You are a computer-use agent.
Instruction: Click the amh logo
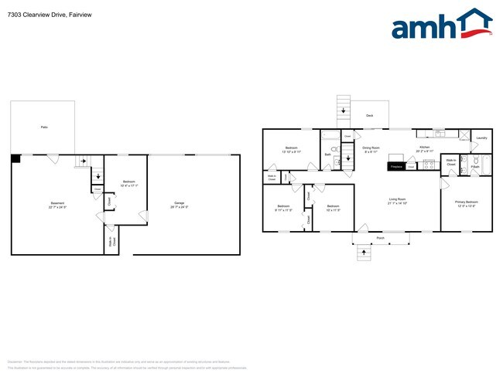click(442, 25)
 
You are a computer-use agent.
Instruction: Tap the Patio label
click(43, 126)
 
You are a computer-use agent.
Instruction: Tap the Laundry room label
click(481, 138)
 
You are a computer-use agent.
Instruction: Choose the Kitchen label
click(424, 146)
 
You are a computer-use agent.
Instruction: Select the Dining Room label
click(371, 147)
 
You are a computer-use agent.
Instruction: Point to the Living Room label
click(398, 199)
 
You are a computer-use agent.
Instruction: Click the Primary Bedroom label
click(466, 202)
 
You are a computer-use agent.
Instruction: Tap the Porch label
click(380, 237)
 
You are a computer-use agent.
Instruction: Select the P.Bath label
click(475, 167)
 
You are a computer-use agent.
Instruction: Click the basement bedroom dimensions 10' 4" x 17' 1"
click(128, 185)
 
